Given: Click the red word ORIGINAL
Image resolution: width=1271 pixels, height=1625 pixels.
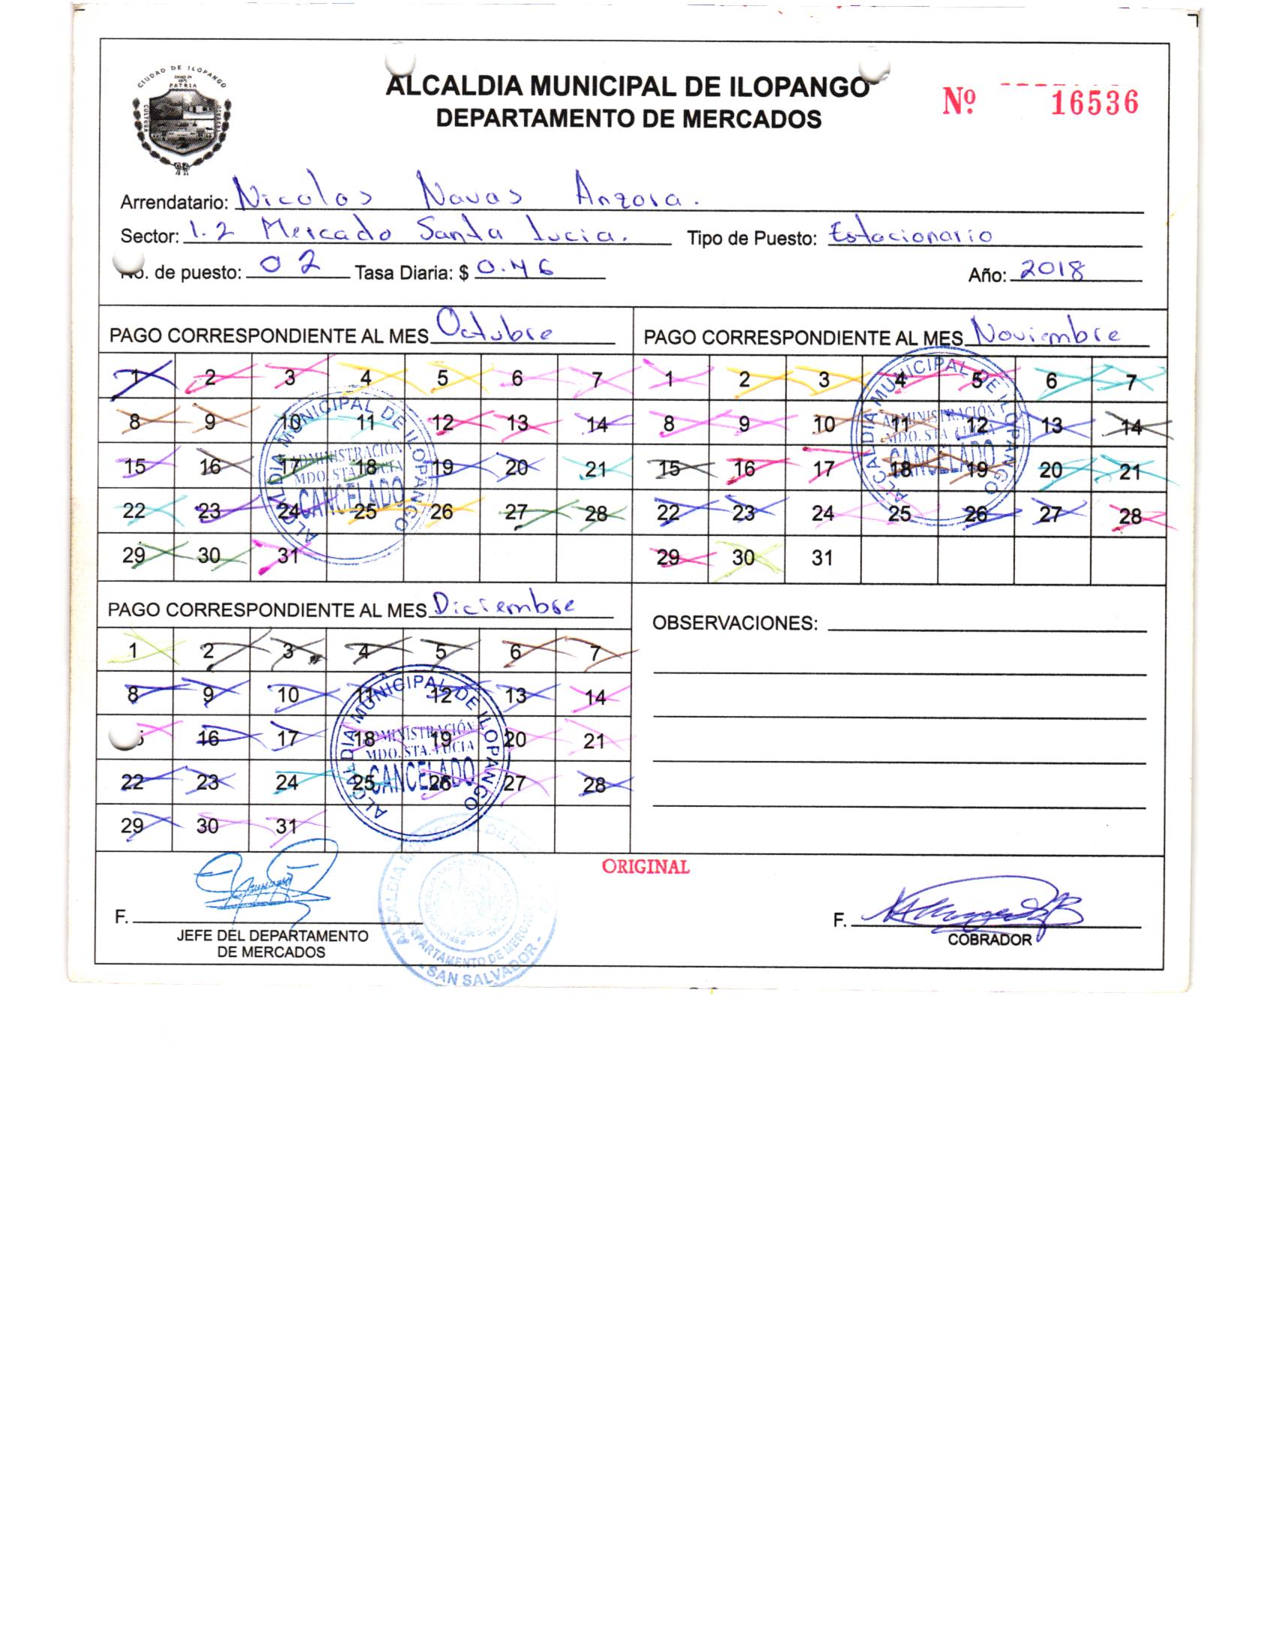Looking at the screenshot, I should coord(645,867).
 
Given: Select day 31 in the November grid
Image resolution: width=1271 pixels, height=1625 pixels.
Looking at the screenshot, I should coord(822,558).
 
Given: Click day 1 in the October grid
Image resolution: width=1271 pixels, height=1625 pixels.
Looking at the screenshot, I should coord(137,378).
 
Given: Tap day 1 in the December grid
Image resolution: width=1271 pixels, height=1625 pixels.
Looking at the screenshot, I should coord(134,650).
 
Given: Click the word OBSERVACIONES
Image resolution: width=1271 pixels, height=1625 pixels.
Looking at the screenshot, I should coord(734,623).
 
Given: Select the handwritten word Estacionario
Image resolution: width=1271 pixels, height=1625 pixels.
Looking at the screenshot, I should coord(910,235).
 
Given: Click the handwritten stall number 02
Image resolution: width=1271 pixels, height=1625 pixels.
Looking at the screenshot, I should coord(289,265).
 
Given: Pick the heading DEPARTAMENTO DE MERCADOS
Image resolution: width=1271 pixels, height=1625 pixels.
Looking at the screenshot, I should coord(628,119).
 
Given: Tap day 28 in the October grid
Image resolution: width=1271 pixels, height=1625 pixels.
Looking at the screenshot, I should coord(595,514).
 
